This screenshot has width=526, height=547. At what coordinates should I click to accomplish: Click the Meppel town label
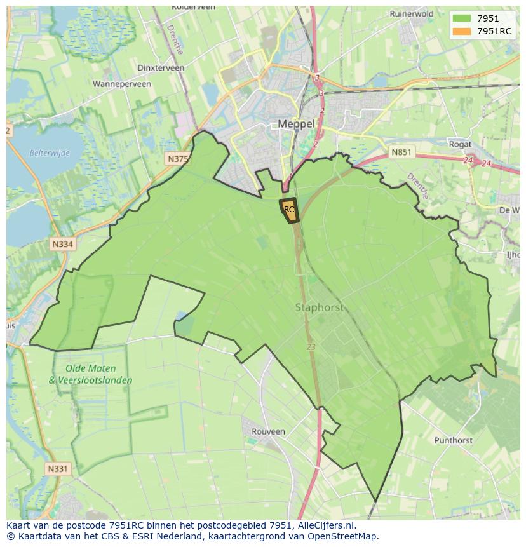click(x=296, y=125)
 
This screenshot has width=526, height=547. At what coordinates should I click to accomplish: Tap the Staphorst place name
click(x=319, y=307)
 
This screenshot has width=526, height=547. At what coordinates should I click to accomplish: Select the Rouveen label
click(x=268, y=431)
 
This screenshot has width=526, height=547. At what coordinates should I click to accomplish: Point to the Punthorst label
click(x=453, y=440)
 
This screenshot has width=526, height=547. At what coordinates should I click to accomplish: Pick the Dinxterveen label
click(x=161, y=68)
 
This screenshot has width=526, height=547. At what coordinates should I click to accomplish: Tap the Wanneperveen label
click(x=121, y=83)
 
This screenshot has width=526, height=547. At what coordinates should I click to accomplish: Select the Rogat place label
click(x=460, y=144)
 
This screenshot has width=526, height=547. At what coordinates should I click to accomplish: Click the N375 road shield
click(x=177, y=159)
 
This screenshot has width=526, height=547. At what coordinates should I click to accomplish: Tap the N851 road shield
click(x=401, y=152)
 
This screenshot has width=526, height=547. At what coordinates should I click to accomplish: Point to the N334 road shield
click(x=62, y=244)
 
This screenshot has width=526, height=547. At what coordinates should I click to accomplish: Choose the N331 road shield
click(x=58, y=469)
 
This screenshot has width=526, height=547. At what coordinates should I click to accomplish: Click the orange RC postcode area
click(x=289, y=210)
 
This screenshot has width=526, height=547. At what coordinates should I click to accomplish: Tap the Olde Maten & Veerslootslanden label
click(x=90, y=375)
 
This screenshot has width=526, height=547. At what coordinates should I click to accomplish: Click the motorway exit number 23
click(x=311, y=347)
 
